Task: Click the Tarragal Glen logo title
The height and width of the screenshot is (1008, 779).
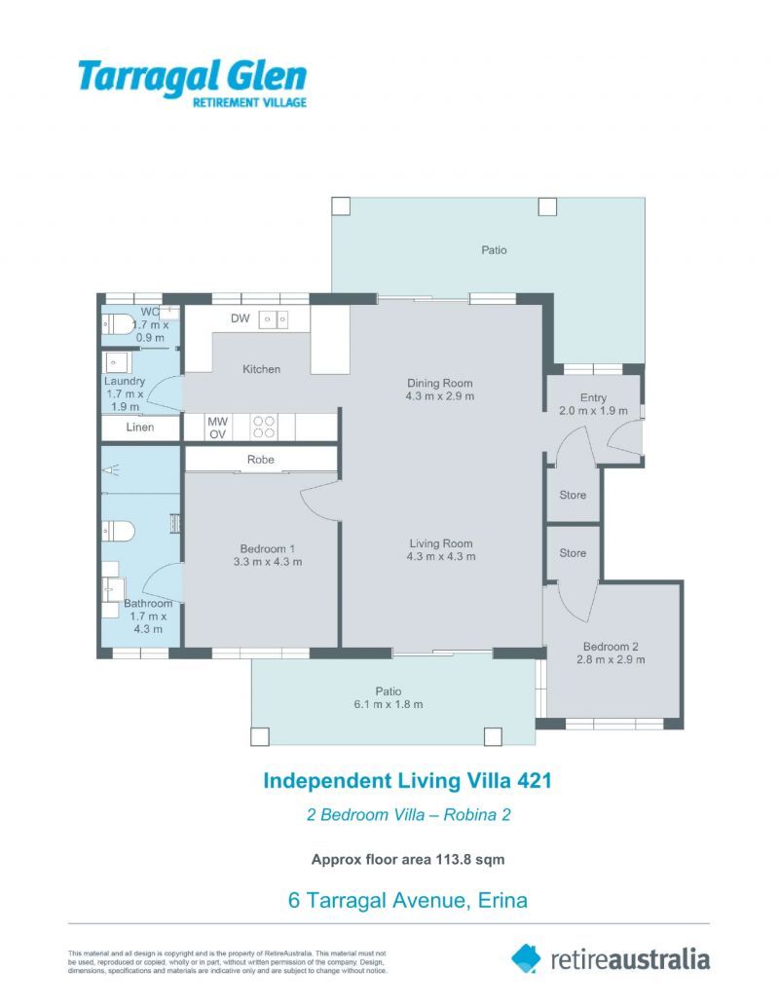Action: tap(192, 76)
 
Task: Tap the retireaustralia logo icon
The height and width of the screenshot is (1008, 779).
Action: tap(526, 957)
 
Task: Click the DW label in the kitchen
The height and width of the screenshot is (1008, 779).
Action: tap(241, 318)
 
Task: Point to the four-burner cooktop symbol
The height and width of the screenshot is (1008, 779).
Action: tap(265, 427)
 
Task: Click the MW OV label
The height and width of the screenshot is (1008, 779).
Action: tap(218, 428)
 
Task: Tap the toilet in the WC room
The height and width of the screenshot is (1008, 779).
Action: tap(118, 323)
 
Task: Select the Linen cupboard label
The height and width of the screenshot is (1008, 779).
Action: tap(140, 428)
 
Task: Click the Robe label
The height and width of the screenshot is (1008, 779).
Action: tap(261, 459)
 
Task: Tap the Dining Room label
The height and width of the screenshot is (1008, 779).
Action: tap(440, 383)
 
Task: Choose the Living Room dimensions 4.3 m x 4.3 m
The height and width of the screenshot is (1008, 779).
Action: tap(441, 557)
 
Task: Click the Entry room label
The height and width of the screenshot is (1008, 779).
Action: tap(593, 397)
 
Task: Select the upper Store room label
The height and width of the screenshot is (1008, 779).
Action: tap(573, 495)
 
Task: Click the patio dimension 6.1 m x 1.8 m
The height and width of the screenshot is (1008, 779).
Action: tap(389, 704)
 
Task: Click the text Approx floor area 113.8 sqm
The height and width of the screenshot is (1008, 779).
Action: tap(407, 859)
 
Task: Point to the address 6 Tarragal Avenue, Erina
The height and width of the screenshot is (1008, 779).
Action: tap(408, 900)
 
